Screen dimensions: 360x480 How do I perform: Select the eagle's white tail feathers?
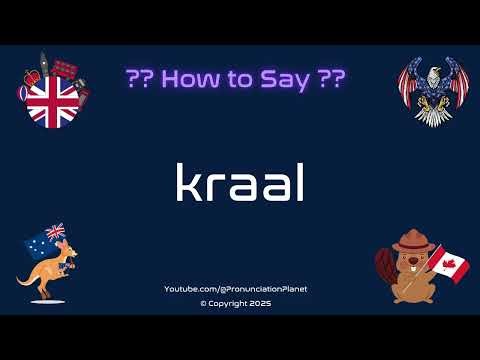coord(431,115)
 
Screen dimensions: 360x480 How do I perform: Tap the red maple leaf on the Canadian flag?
coord(452,267)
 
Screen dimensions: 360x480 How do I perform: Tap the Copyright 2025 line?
coord(236,303)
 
